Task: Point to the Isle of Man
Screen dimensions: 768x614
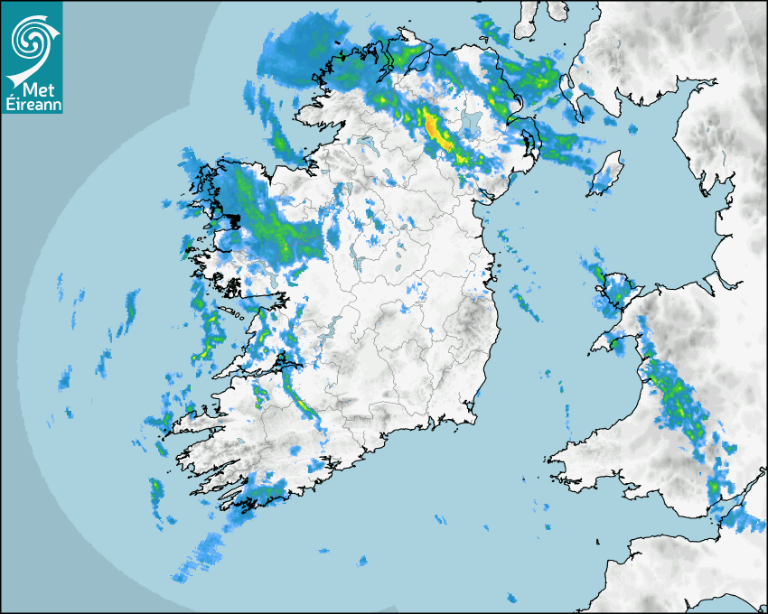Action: [x=606, y=172]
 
